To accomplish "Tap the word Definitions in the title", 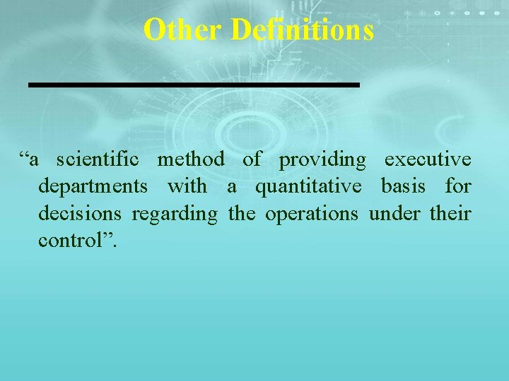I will pos(302,30).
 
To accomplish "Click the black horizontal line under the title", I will pos(194,85).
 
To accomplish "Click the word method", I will pos(191,160).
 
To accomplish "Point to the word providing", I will pos(322,161).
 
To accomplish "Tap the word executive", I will pos(427,160).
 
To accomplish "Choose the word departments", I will pos(93,188).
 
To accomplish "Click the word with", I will pos(187,187).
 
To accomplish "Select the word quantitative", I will pos(308,188).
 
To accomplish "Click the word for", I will pos(458,187).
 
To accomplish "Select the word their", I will pos(450,214).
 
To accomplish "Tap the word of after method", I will pos(251,160).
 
